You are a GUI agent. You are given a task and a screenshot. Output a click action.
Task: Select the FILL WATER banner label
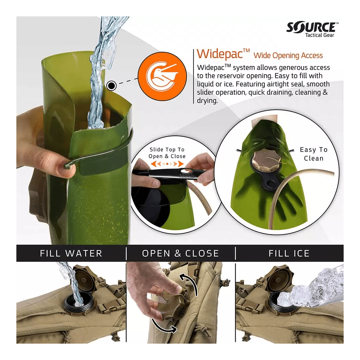(x=71, y=253)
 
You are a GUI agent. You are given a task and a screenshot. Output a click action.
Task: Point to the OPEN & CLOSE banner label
(x=180, y=253)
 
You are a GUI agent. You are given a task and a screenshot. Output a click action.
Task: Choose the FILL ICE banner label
(x=289, y=253)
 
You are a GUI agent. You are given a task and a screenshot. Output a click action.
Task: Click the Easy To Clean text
(x=314, y=154)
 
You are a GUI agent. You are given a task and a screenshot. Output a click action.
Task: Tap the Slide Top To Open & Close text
(x=167, y=153)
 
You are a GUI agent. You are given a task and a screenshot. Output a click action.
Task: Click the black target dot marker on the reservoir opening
(x=112, y=86)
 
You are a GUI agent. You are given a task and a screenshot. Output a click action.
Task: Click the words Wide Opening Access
(x=288, y=55)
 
